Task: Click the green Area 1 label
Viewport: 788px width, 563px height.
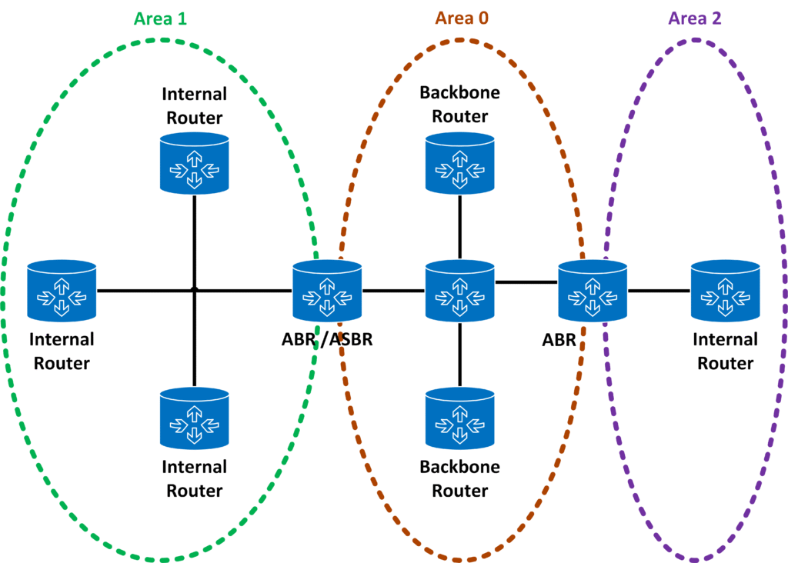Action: (160, 18)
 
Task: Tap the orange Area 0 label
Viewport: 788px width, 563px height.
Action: (462, 18)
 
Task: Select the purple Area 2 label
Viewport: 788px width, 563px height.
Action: (695, 18)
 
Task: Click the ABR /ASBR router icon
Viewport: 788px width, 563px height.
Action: (327, 290)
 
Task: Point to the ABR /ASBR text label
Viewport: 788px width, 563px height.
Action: (327, 338)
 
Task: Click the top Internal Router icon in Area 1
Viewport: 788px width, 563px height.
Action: (195, 162)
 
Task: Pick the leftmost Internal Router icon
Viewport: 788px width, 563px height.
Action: (62, 290)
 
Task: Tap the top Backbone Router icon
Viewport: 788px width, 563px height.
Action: (460, 162)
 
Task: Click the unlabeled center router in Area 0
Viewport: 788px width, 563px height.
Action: (460, 290)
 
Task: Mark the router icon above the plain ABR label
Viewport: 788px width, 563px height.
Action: (593, 290)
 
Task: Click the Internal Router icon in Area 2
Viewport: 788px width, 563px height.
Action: (725, 290)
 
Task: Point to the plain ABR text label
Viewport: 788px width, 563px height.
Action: (559, 338)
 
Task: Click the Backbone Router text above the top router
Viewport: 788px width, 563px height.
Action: (460, 105)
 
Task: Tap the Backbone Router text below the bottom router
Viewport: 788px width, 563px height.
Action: (460, 478)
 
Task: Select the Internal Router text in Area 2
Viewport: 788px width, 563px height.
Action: (725, 351)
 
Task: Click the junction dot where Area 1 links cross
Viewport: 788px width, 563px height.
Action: (195, 290)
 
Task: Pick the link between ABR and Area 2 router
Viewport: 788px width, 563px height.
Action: (659, 291)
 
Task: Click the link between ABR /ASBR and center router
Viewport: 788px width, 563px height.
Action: (393, 291)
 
